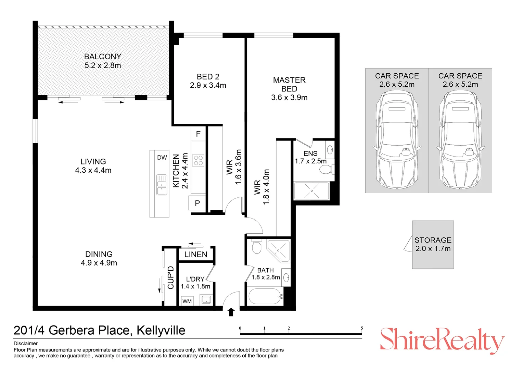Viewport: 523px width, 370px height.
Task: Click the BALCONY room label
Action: pyautogui.click(x=103, y=57)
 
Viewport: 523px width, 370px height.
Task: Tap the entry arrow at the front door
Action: pyautogui.click(x=231, y=312)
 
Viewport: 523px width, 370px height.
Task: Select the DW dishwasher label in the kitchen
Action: pyautogui.click(x=162, y=158)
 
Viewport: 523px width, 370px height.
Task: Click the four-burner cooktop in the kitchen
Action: pyautogui.click(x=199, y=160)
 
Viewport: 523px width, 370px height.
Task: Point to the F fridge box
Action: pyautogui.click(x=198, y=134)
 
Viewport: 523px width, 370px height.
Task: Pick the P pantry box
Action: pyautogui.click(x=197, y=203)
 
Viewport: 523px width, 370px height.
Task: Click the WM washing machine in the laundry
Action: pyautogui.click(x=187, y=301)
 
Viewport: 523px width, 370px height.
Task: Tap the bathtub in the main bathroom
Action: pyautogui.click(x=264, y=296)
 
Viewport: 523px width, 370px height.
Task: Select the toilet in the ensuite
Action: pyautogui.click(x=327, y=169)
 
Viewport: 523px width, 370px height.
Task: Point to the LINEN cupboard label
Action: pyautogui.click(x=196, y=255)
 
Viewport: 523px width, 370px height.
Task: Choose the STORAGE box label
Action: pyautogui.click(x=433, y=240)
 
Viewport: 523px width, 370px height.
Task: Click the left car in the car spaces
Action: pyautogui.click(x=397, y=140)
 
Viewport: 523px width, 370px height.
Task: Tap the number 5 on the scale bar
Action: pyautogui.click(x=362, y=328)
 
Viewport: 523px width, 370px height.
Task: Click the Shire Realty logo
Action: pyautogui.click(x=442, y=340)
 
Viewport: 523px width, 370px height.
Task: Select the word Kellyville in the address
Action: pyautogui.click(x=161, y=330)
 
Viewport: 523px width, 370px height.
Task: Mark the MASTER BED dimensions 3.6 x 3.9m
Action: pyautogui.click(x=289, y=98)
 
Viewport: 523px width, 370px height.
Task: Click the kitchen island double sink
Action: pyautogui.click(x=162, y=185)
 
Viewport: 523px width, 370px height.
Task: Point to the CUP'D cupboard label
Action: pyautogui.click(x=170, y=277)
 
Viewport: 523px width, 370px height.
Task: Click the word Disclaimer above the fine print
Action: pyautogui.click(x=26, y=343)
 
